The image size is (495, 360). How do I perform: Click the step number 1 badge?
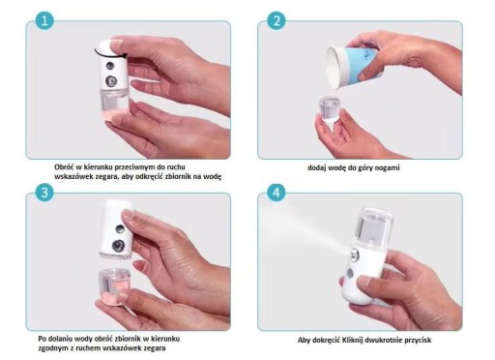pos(44,20)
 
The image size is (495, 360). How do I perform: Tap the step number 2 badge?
pos(277,20)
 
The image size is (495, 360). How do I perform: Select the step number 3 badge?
pos(44,193)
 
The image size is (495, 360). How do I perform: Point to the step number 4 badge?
pos(277,193)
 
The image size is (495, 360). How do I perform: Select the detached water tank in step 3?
pos(115,285)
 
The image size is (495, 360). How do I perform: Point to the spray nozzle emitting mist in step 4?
pos(355,255)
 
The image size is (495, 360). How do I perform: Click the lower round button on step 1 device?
pos(111,81)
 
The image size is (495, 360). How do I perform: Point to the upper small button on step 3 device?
pos(120,229)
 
